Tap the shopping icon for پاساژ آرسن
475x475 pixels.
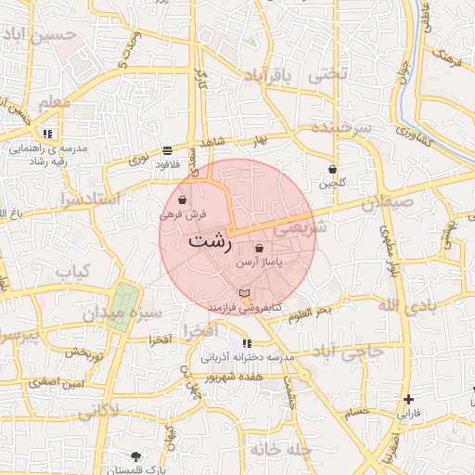point(258,249)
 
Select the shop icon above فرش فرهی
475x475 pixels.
point(183,199)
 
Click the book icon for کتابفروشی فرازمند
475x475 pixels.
point(244,293)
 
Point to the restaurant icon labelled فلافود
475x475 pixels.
point(167,149)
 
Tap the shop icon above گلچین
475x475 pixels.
point(333,170)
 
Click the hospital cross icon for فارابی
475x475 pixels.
point(408,400)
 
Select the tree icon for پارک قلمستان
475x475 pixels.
point(137,456)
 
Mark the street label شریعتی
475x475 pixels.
point(303,225)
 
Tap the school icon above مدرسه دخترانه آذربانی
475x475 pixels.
point(246,344)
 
